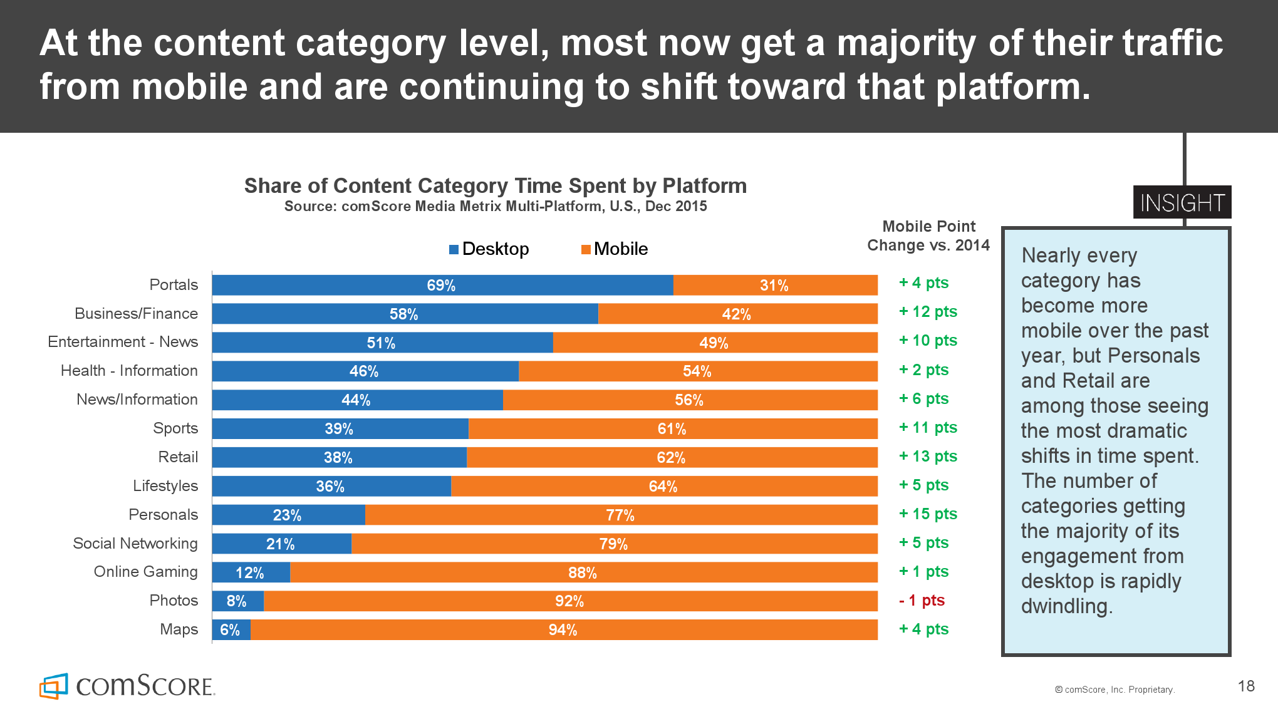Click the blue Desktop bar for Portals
tap(442, 285)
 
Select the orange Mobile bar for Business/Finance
tap(737, 314)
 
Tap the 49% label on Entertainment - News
tap(714, 343)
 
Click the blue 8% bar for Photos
tap(237, 601)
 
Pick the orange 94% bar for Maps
tap(563, 630)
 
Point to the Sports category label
tap(175, 428)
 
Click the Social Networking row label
tap(135, 544)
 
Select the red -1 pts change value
tap(922, 601)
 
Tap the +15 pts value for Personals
tap(928, 514)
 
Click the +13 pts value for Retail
tap(928, 457)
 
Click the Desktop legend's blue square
tap(454, 250)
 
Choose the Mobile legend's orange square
tap(586, 250)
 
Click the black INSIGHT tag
tap(1182, 203)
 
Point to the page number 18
tap(1246, 686)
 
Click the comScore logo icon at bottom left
tap(54, 686)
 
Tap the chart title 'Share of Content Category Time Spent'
tap(495, 186)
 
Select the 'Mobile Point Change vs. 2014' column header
tap(928, 235)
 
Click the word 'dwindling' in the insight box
tap(1065, 606)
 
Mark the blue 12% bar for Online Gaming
tap(251, 572)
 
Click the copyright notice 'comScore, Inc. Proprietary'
tap(1115, 690)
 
